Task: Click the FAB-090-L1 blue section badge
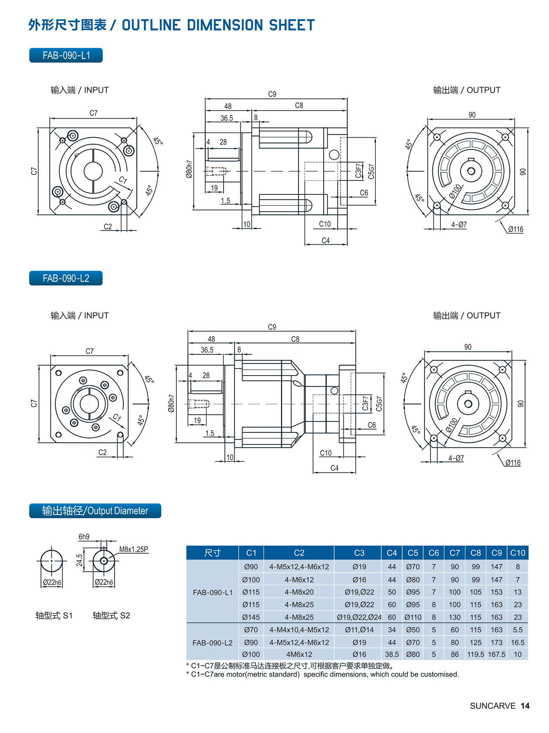[66, 55]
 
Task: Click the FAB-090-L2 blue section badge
[66, 278]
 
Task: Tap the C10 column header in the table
[518, 553]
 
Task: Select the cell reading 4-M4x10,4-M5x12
[299, 630]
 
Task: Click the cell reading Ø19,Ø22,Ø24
[359, 617]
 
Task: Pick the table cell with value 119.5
[475, 654]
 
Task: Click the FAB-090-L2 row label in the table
[212, 643]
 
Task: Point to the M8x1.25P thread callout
[133, 549]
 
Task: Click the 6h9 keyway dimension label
[84, 536]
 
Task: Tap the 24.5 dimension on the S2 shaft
[79, 560]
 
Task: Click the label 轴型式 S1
[54, 615]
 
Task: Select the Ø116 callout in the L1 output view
[515, 229]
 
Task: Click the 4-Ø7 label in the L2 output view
[456, 458]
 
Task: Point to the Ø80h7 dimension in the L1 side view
[189, 169]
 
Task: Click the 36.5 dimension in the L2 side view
[207, 350]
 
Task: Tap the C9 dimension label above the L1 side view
[272, 94]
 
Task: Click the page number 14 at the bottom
[525, 706]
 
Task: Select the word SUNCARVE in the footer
[492, 706]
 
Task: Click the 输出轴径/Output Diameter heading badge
[95, 511]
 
